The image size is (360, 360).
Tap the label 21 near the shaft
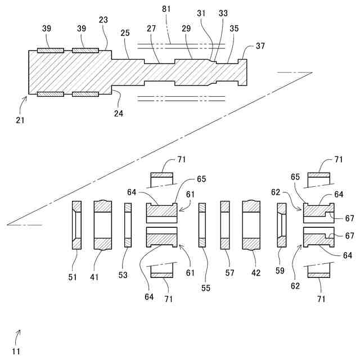21,120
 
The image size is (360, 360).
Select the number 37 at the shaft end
260,46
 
